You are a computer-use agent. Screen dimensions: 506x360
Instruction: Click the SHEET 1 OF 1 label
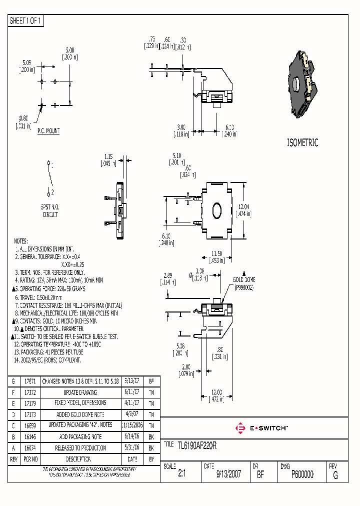[x=26, y=21]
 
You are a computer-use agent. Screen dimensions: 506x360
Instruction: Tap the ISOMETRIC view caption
[x=302, y=142]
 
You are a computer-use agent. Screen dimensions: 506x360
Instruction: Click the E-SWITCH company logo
[x=261, y=428]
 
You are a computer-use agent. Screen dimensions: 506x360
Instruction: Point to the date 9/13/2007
[x=228, y=474]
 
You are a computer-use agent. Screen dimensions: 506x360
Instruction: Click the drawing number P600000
[x=302, y=474]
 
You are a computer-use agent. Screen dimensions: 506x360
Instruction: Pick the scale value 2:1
[x=181, y=474]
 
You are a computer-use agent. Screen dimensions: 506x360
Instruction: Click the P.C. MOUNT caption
[x=48, y=131]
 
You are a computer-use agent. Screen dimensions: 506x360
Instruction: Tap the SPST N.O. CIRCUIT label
[x=49, y=210]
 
